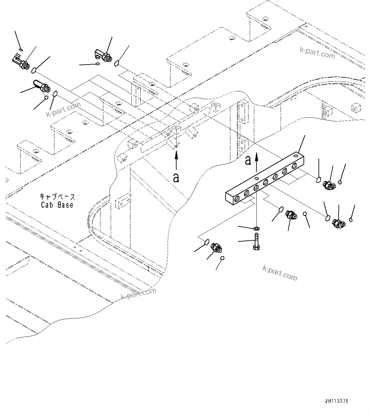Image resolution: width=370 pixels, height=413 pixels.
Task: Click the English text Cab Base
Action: pos(57,205)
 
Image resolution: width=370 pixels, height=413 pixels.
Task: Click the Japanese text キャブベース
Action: pos(57,197)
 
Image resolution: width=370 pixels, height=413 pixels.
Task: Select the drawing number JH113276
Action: pos(336,401)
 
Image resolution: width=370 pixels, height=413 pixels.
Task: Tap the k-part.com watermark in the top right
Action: pos(317,53)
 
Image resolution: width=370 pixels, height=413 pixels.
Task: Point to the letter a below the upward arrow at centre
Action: pos(176,177)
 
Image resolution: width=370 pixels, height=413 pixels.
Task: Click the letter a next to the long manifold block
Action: pos(248,161)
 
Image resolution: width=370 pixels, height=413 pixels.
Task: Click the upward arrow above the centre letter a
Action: pos(176,161)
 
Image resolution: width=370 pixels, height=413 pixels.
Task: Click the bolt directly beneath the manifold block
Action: pos(256,242)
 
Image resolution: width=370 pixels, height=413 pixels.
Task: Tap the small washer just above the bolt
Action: pos(257,229)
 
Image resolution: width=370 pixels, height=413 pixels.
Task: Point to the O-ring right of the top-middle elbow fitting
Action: pos(117,64)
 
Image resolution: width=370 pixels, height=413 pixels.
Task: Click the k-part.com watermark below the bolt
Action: pos(280,273)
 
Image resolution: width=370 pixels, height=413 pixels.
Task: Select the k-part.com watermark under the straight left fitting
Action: pos(63,110)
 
